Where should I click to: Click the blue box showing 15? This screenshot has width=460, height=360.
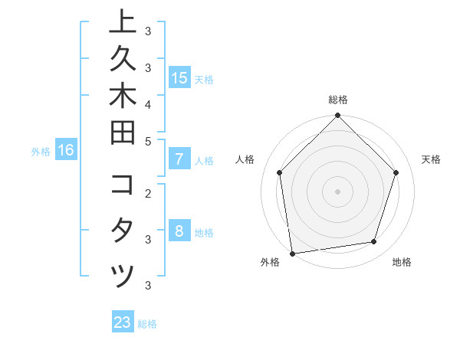tap(179, 77)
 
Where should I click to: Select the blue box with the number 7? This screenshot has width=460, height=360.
tap(179, 159)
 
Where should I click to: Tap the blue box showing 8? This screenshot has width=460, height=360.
tap(179, 231)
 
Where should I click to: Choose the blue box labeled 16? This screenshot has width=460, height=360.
tap(66, 150)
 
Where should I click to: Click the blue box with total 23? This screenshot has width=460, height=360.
tap(123, 322)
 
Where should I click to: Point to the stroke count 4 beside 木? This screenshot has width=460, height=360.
tap(148, 103)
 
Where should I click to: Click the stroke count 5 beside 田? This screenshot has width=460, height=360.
tap(148, 140)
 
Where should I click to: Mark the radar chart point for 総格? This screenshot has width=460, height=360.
tap(337, 116)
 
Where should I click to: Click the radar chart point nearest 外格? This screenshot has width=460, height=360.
tap(292, 253)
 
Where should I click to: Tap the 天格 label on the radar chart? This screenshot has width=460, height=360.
tap(432, 159)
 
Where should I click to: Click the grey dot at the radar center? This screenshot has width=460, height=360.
tap(337, 191)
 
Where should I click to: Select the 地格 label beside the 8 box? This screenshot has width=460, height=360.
tap(205, 232)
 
